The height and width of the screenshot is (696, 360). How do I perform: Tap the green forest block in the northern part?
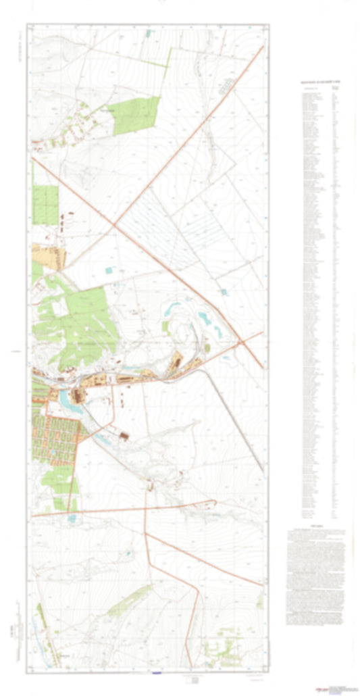pos(136,115)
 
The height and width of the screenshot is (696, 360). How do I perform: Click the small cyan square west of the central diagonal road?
pos(109,270)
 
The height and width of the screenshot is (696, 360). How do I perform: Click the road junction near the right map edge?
pos(242,343)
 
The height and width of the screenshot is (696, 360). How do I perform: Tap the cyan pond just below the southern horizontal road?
pos(72,519)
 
